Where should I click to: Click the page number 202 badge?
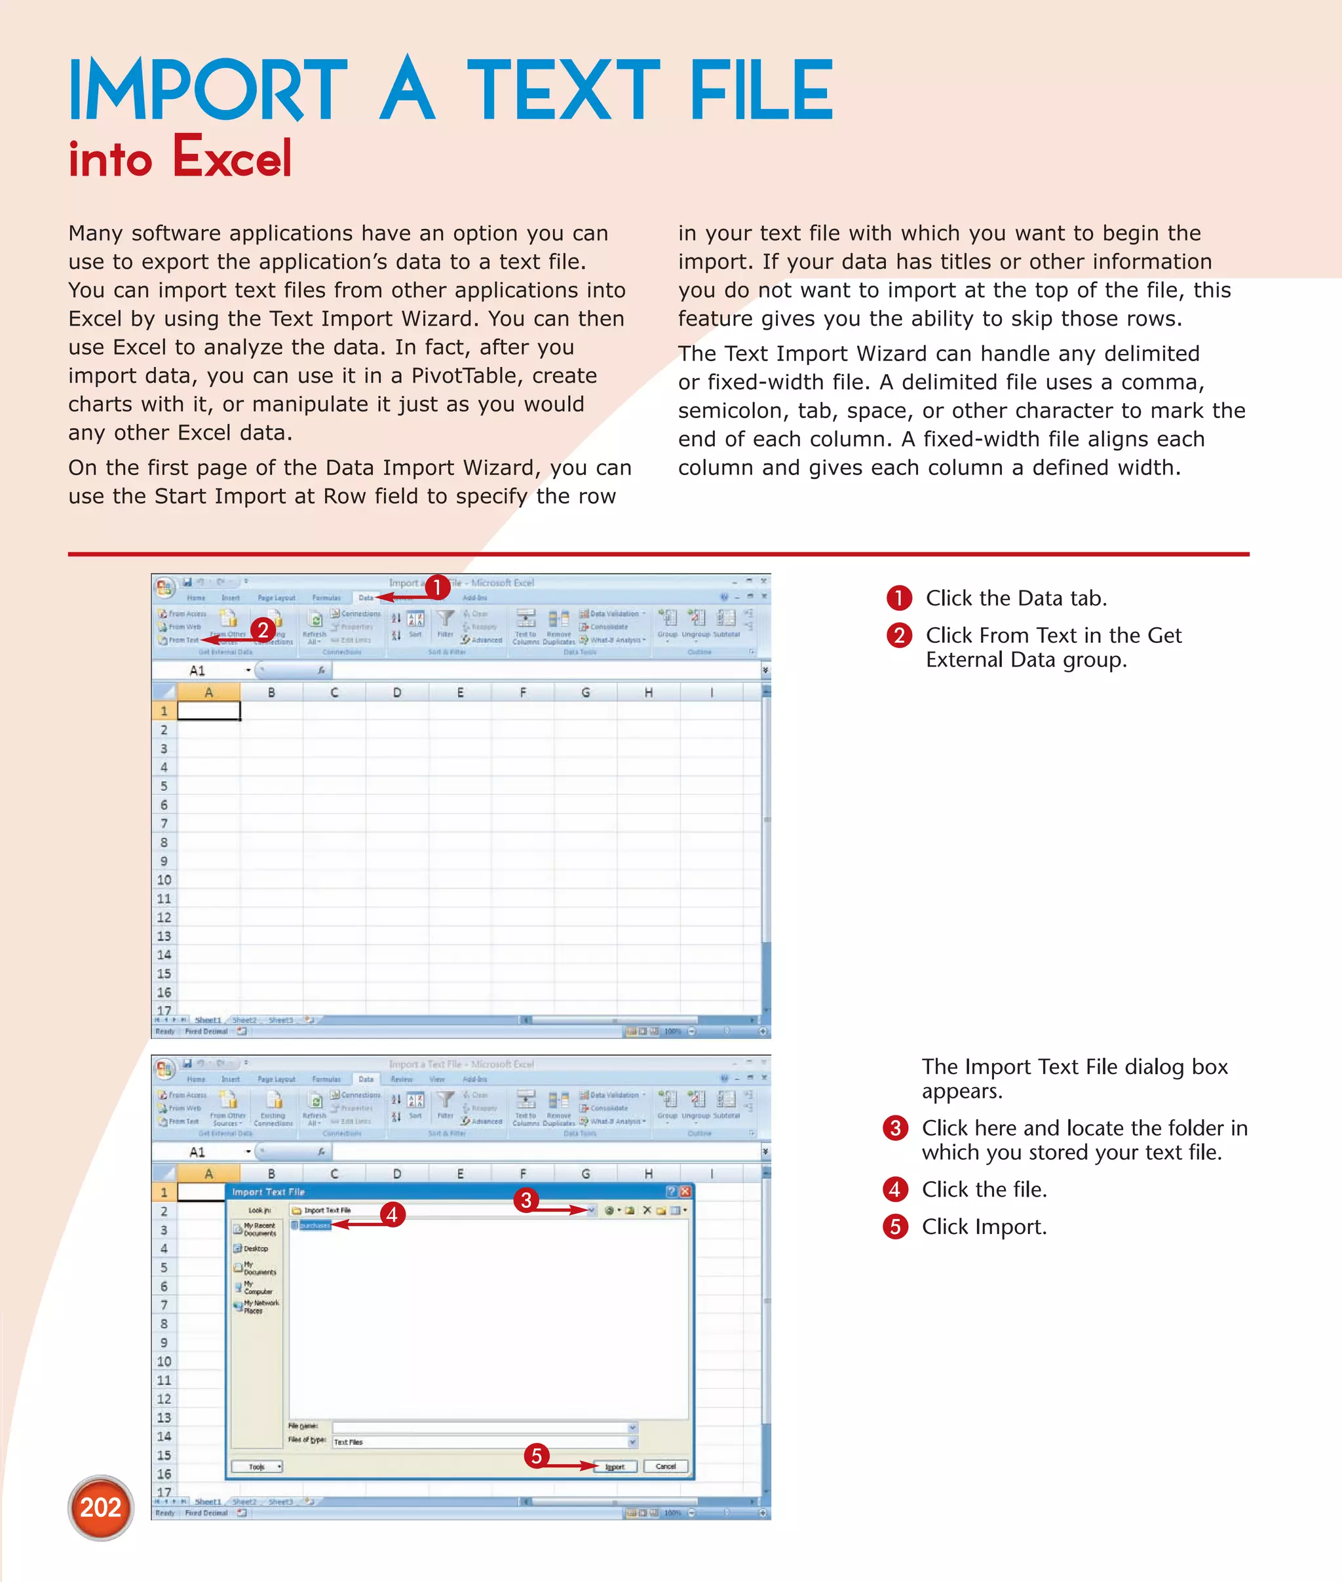(x=100, y=1507)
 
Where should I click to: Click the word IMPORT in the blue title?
(x=207, y=91)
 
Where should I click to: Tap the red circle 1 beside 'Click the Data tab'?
(x=898, y=598)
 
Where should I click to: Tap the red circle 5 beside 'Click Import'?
(x=894, y=1227)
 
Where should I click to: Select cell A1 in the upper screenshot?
(x=208, y=711)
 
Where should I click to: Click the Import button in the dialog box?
(x=615, y=1467)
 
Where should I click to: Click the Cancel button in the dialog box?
(x=666, y=1467)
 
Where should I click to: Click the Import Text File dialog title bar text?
(x=268, y=1192)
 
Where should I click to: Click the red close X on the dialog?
(x=685, y=1191)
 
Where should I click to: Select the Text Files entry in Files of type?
(x=349, y=1442)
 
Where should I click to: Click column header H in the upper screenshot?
(x=648, y=693)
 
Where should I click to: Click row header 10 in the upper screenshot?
(x=164, y=880)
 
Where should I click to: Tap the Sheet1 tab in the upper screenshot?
(x=208, y=1020)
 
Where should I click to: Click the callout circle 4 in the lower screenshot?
(x=392, y=1214)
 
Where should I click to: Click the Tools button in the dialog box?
(x=257, y=1467)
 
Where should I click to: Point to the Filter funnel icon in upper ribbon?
(x=446, y=619)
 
